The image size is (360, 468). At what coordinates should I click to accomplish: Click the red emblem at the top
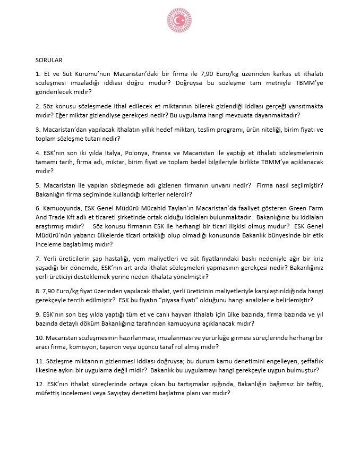[x=179, y=22]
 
